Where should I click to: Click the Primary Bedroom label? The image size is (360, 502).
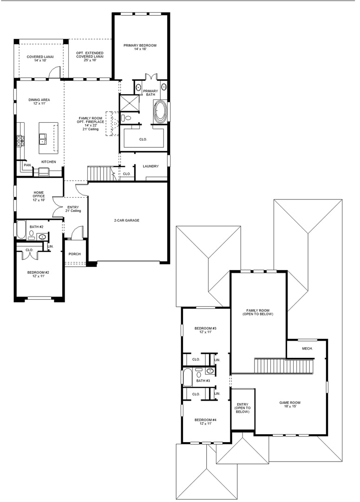click(x=140, y=47)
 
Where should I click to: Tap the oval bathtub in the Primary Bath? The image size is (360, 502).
click(x=160, y=112)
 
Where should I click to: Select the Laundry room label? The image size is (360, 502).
click(x=151, y=166)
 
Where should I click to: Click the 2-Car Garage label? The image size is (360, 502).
click(x=127, y=221)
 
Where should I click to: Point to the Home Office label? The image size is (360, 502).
click(x=39, y=196)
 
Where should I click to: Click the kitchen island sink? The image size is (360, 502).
click(x=43, y=139)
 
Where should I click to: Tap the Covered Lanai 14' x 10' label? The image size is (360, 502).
click(x=40, y=59)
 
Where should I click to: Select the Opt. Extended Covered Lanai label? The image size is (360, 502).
click(x=90, y=56)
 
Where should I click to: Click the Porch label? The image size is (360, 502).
click(x=75, y=254)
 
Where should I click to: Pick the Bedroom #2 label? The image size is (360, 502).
click(x=38, y=274)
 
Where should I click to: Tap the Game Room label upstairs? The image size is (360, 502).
click(x=290, y=405)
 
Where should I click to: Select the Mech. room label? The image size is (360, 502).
click(x=308, y=348)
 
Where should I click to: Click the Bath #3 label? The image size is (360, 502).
click(x=203, y=381)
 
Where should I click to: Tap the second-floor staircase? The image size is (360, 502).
click(x=283, y=366)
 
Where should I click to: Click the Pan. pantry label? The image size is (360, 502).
click(x=27, y=165)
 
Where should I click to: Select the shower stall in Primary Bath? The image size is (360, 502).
click(x=129, y=104)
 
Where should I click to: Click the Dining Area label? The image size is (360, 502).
click(x=39, y=102)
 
